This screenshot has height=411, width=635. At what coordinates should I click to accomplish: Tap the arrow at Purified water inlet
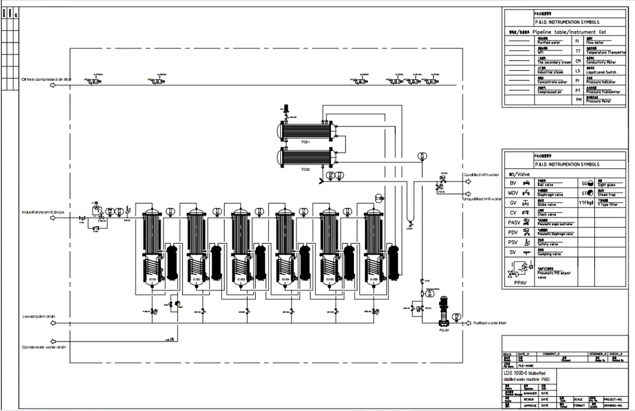pyautogui.click(x=464, y=324)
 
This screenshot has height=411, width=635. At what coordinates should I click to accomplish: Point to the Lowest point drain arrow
pyautogui.click(x=52, y=324)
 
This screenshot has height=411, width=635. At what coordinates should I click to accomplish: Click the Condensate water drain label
pyautogui.click(x=44, y=347)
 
